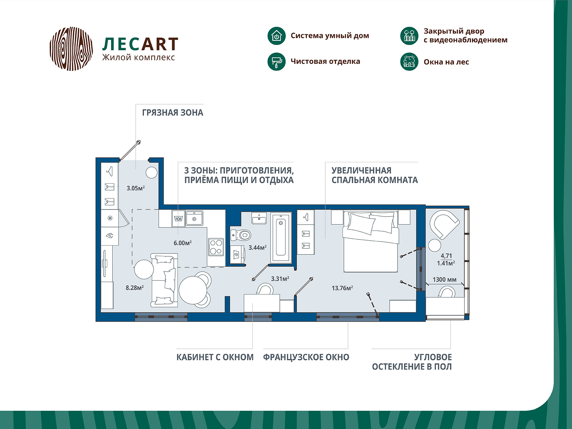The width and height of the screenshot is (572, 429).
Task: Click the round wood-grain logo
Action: [x=71, y=49]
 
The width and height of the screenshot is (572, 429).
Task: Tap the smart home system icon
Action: [x=276, y=36]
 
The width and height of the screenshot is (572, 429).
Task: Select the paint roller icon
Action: [x=276, y=61]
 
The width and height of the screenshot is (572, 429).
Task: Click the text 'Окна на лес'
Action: [x=446, y=62]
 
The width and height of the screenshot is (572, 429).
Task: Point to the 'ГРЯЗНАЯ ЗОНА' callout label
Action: [x=172, y=113]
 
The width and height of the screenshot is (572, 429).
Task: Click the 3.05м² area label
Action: [x=135, y=188]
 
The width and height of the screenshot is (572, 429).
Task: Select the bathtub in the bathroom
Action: [x=281, y=238]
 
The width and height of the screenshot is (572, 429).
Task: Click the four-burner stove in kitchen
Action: [x=216, y=247]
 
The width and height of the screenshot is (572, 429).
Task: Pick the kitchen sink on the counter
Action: [x=194, y=218]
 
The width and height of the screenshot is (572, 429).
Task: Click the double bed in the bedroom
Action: [x=370, y=241]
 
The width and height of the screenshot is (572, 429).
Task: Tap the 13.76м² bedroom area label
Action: [x=342, y=288]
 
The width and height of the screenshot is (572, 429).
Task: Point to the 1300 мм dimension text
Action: [x=444, y=280]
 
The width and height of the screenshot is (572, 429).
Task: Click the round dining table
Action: [x=193, y=290]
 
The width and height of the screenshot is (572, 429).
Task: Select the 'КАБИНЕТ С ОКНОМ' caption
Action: [x=215, y=357]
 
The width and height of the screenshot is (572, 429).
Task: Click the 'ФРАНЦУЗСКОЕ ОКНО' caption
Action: [x=306, y=357]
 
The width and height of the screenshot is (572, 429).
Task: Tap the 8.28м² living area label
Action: [x=134, y=287]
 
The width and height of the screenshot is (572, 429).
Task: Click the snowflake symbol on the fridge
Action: [x=110, y=218]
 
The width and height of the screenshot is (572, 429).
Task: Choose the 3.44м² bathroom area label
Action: [x=257, y=247]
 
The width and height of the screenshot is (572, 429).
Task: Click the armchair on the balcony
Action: [x=443, y=224]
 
